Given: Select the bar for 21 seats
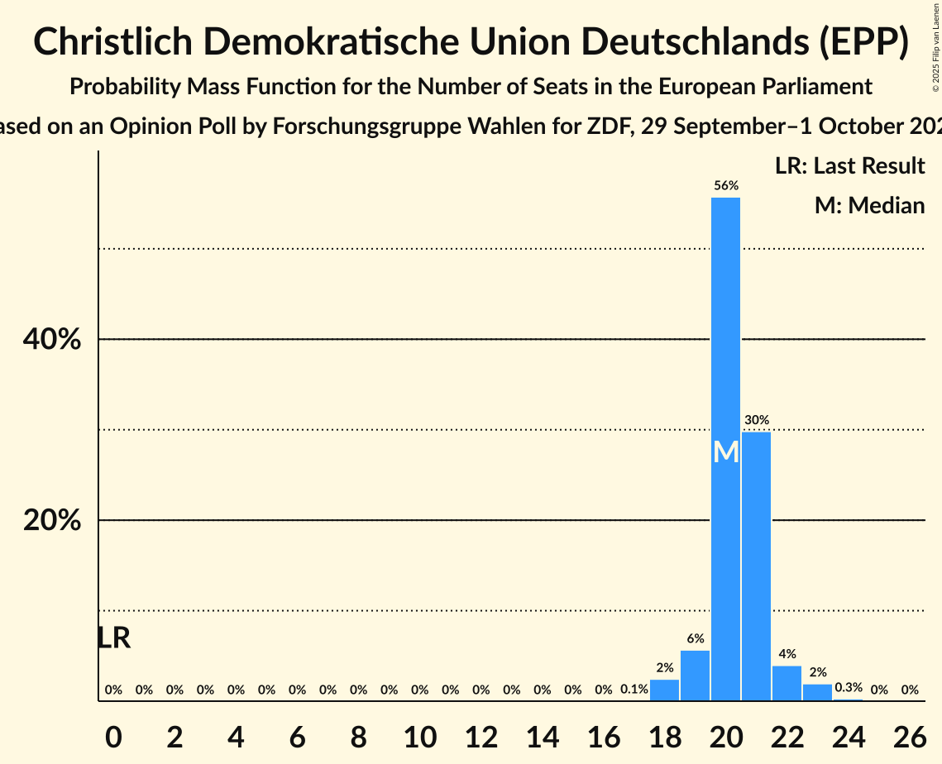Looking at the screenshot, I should point(756,566).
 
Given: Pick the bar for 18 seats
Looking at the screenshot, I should point(664,690).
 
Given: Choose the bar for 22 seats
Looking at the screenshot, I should point(787,683).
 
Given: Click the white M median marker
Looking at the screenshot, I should point(725,451).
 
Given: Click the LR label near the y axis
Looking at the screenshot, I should point(113,637).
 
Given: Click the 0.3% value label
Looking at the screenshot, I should point(848,687).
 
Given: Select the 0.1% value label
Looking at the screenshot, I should point(634,690).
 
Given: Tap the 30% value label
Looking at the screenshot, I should point(756,420).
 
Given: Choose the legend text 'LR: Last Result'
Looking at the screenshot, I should point(849,166).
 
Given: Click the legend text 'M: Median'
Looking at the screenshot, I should point(869,205).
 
